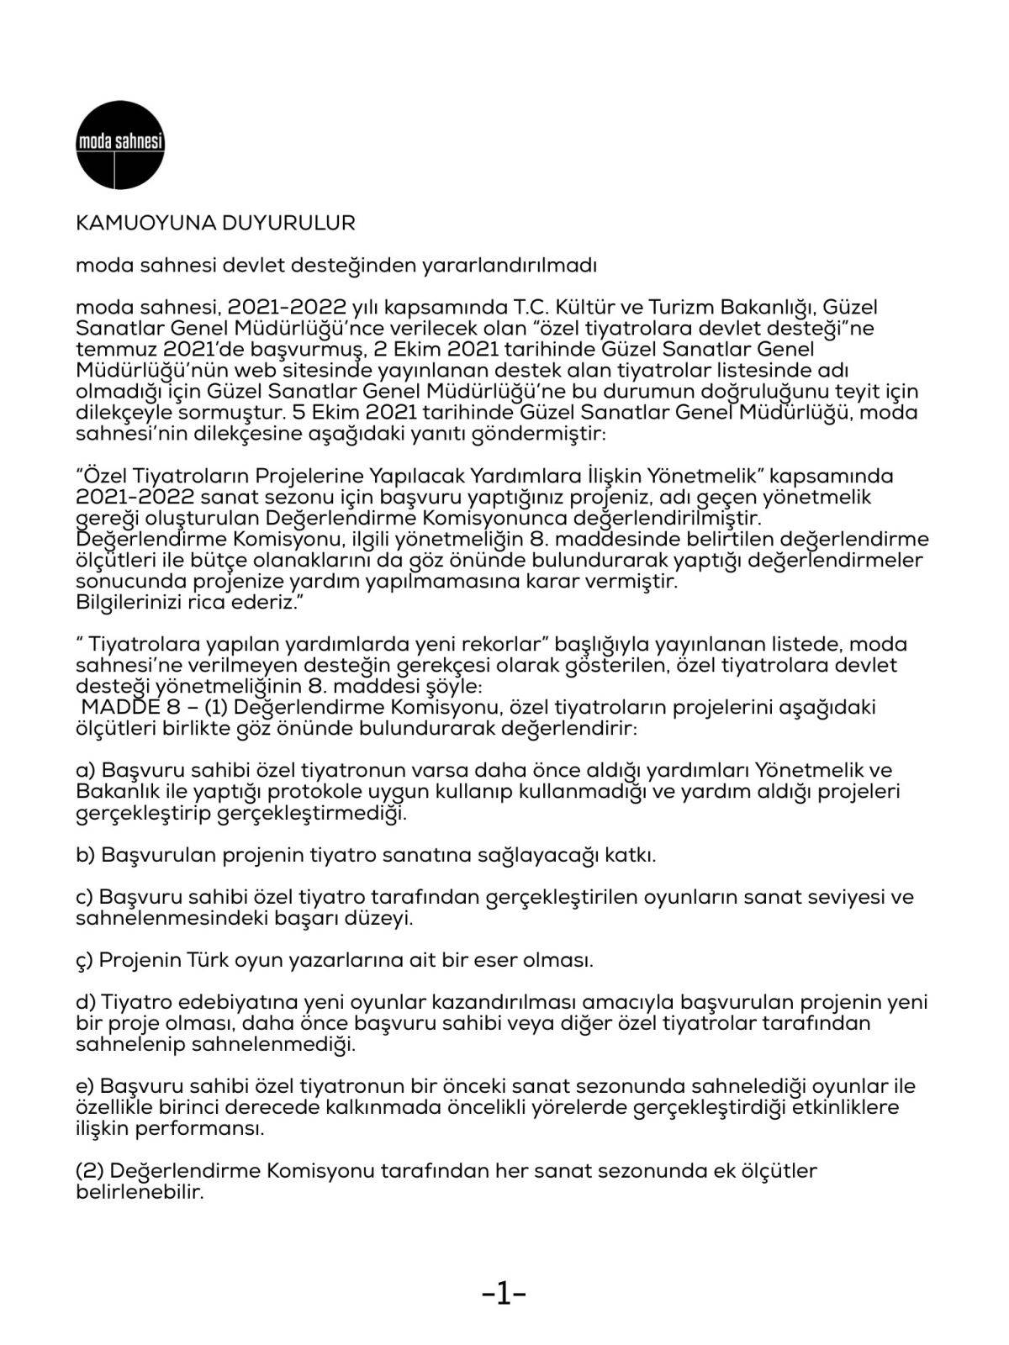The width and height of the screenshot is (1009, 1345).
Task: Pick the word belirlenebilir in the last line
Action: (140, 1192)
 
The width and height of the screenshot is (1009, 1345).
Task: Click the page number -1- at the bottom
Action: (504, 1295)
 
